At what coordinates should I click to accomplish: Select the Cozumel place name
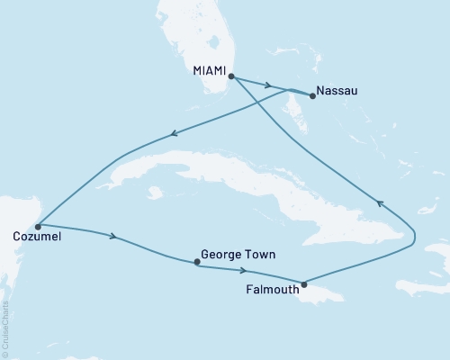click(x=34, y=238)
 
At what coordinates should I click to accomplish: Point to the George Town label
click(x=232, y=255)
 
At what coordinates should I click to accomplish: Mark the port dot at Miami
click(x=231, y=76)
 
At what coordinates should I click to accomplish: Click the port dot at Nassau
click(x=312, y=96)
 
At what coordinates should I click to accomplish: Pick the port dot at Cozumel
click(x=38, y=226)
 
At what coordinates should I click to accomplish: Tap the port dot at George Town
click(x=197, y=263)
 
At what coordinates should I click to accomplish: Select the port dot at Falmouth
click(x=304, y=284)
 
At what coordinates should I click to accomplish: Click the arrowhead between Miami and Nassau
click(x=269, y=87)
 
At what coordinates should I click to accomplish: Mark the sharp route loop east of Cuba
click(x=413, y=237)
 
